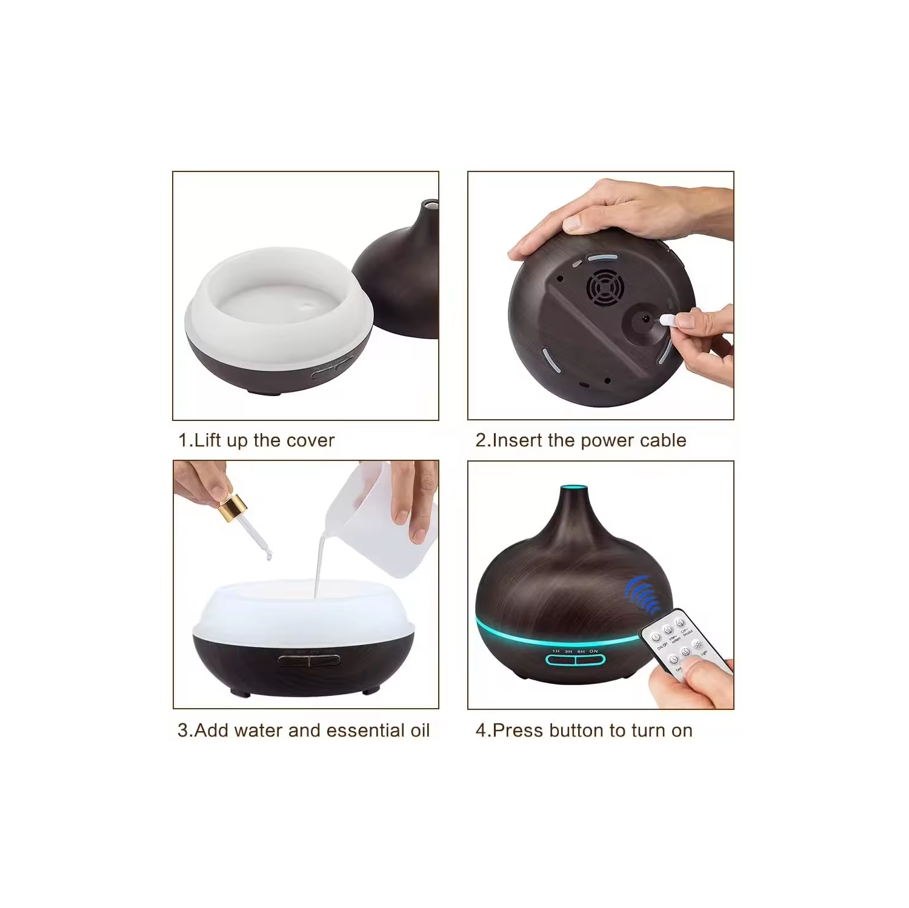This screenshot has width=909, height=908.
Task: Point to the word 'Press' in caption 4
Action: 518,731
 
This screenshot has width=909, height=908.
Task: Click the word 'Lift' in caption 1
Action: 207,440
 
